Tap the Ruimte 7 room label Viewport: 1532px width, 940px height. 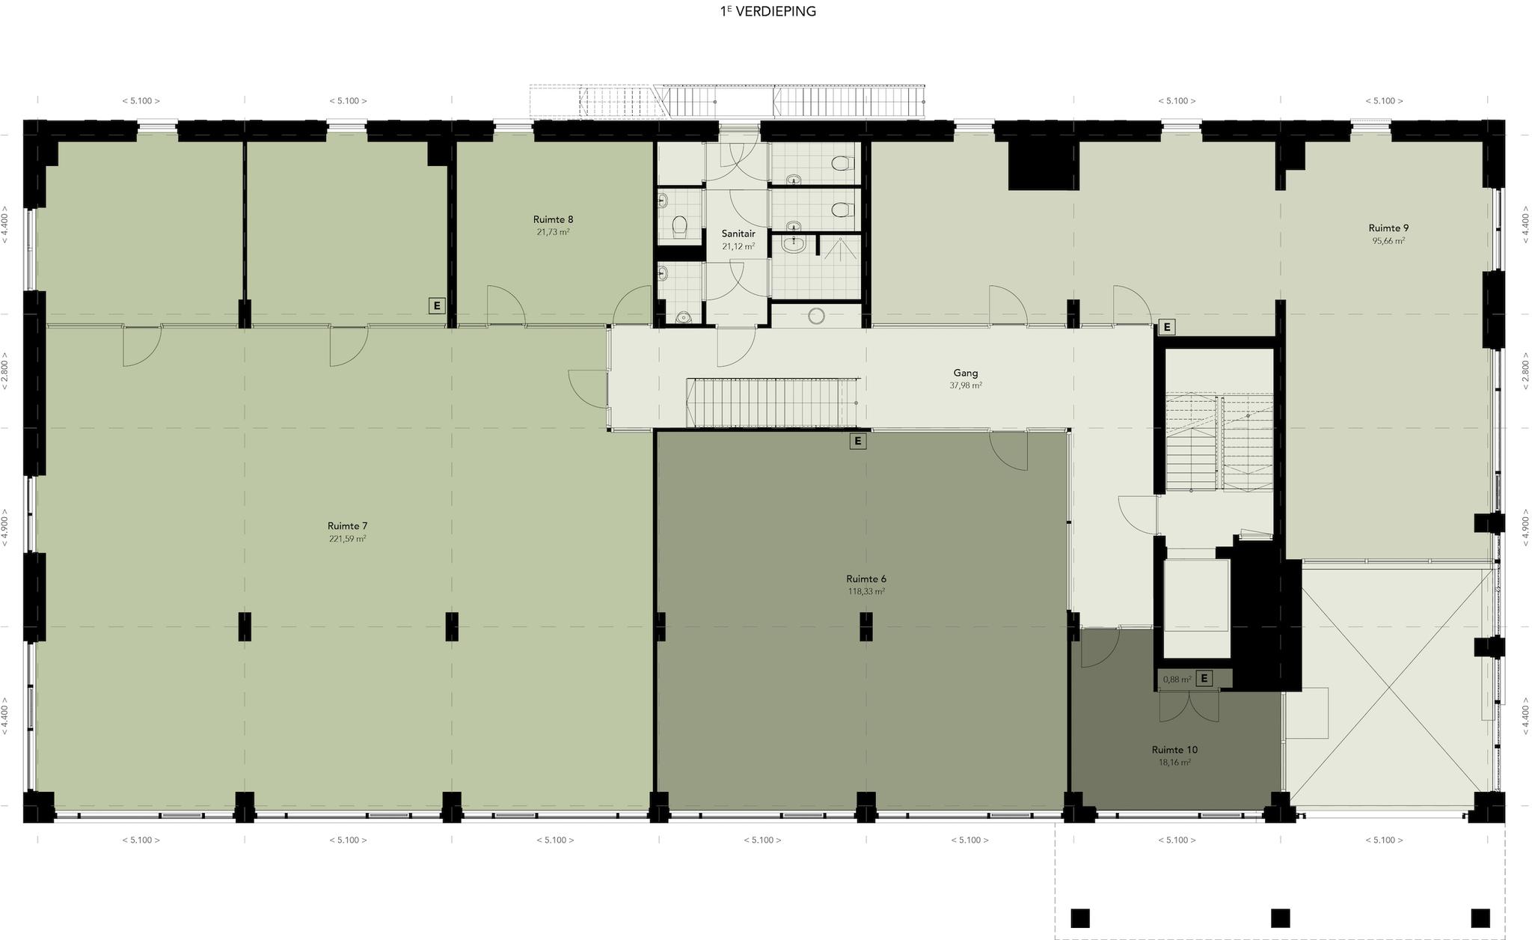tap(347, 526)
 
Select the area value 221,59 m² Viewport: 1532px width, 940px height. tap(347, 539)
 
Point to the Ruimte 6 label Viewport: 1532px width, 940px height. tap(866, 579)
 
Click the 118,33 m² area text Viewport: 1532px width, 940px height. tap(866, 591)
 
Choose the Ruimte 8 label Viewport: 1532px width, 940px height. tap(554, 219)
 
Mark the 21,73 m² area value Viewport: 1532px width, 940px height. tap(554, 232)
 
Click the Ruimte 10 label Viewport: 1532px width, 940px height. tap(1174, 750)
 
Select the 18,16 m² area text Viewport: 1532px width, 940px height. tap(1174, 763)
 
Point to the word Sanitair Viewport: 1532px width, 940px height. tap(738, 234)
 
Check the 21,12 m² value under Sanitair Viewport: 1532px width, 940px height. tap(738, 246)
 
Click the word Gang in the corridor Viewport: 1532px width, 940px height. tap(966, 373)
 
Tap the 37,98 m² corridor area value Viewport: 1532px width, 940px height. tap(966, 385)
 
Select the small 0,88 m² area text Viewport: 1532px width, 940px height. tap(1177, 680)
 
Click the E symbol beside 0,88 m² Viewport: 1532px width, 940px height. tap(1204, 679)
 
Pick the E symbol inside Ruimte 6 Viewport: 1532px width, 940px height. tap(858, 441)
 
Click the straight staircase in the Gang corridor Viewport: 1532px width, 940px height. tap(773, 403)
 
